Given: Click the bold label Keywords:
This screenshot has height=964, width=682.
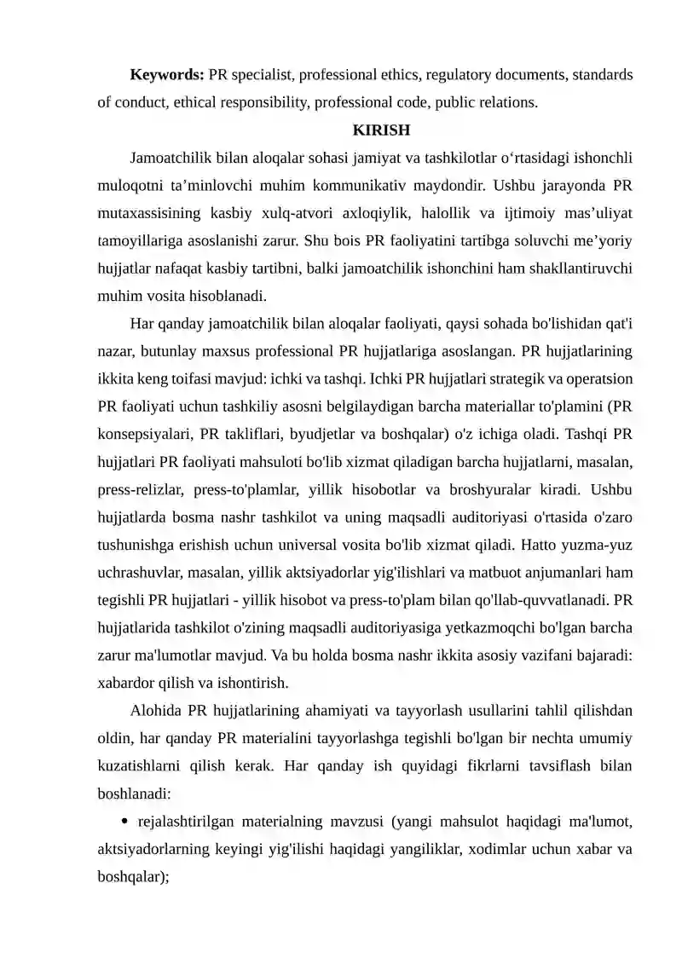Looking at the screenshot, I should point(167,75).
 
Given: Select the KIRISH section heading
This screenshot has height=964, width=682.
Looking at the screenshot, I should point(382,130).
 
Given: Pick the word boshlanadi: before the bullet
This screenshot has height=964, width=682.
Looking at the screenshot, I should point(135,794).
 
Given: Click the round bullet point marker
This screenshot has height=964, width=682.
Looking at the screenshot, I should point(125,822).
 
